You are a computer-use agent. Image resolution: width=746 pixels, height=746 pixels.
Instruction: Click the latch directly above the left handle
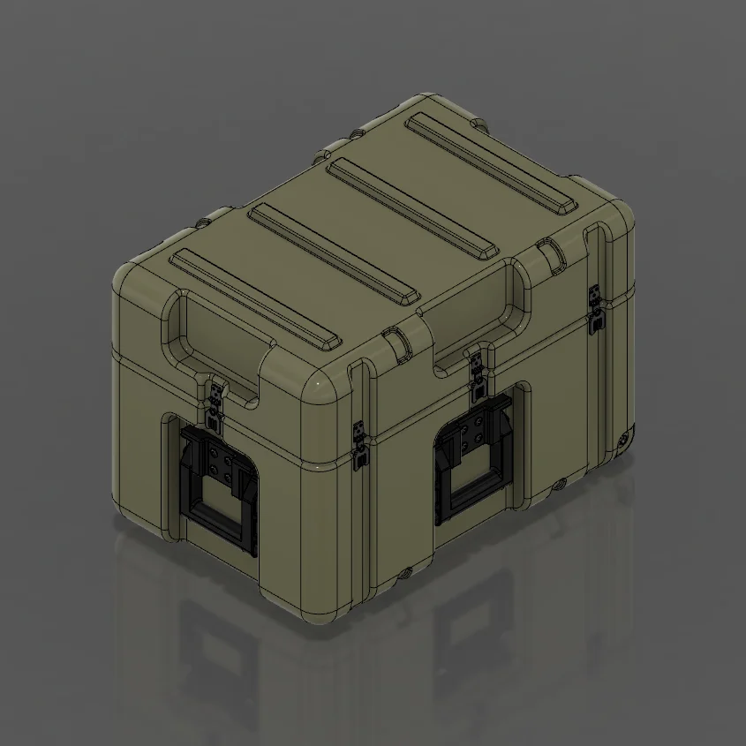tap(215, 402)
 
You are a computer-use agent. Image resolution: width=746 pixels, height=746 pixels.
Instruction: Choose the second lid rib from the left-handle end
tap(335, 256)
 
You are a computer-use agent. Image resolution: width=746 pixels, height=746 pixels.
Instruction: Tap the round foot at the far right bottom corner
tap(625, 437)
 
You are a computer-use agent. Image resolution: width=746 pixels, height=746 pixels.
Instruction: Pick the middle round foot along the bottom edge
tap(559, 484)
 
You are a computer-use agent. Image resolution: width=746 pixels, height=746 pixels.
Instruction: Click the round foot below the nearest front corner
tap(403, 572)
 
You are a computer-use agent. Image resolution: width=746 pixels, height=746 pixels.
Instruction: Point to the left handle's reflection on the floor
tap(216, 653)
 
